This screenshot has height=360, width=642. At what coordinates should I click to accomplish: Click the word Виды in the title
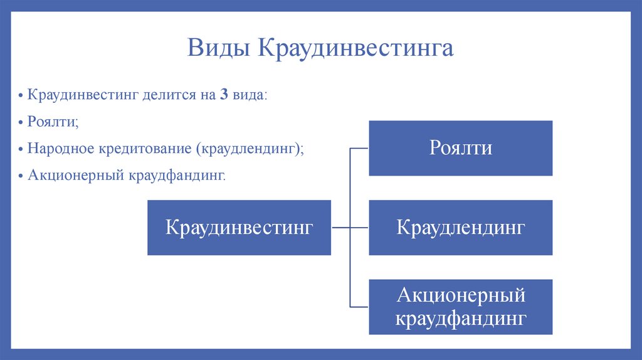[218, 48]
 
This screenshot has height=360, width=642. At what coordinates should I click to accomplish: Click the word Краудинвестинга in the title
[355, 48]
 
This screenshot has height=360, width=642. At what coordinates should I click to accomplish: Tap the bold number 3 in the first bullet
[224, 95]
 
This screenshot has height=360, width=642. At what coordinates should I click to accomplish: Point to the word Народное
[61, 148]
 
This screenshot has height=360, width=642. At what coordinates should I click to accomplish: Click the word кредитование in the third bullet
[145, 149]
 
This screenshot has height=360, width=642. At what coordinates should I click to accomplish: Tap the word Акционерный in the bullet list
[76, 175]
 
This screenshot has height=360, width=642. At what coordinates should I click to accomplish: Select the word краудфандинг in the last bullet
[177, 176]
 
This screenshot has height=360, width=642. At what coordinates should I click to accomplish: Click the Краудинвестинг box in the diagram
[239, 228]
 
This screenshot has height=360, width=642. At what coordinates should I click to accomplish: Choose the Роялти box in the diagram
[461, 148]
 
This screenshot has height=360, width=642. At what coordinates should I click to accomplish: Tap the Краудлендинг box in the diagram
[461, 228]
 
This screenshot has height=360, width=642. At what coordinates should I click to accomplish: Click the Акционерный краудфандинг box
[461, 307]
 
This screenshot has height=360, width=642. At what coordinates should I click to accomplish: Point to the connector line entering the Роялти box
[359, 148]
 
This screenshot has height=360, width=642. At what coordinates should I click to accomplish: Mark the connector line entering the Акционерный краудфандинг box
[359, 307]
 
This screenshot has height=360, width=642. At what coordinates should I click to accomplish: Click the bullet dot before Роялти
[21, 122]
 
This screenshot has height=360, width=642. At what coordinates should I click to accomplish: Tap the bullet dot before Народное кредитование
[21, 149]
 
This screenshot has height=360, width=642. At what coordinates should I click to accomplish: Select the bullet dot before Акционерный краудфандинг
[21, 176]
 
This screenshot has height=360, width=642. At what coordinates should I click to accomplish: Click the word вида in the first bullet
[249, 95]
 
